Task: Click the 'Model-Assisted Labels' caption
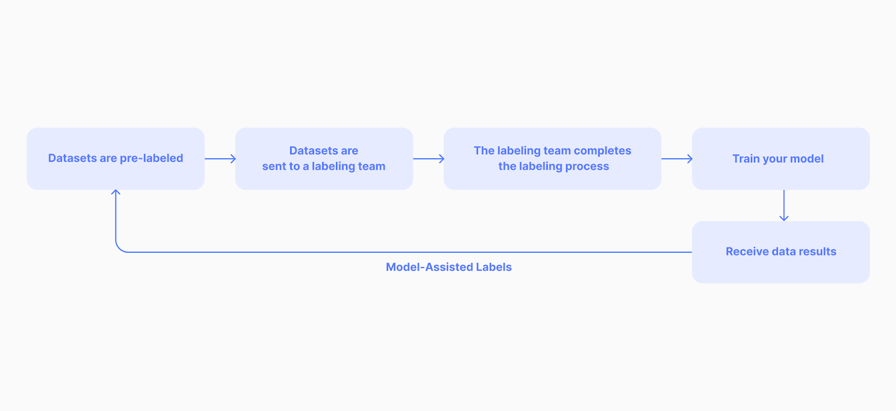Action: pyautogui.click(x=449, y=267)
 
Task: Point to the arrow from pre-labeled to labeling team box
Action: pyautogui.click(x=220, y=158)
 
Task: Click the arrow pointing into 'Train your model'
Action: pyautogui.click(x=676, y=158)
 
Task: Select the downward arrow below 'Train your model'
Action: pyautogui.click(x=784, y=205)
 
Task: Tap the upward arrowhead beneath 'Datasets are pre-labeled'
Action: pyautogui.click(x=116, y=193)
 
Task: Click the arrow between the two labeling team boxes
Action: pyautogui.click(x=428, y=158)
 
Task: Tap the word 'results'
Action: pyautogui.click(x=818, y=251)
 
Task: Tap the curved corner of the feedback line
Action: pyautogui.click(x=119, y=249)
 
